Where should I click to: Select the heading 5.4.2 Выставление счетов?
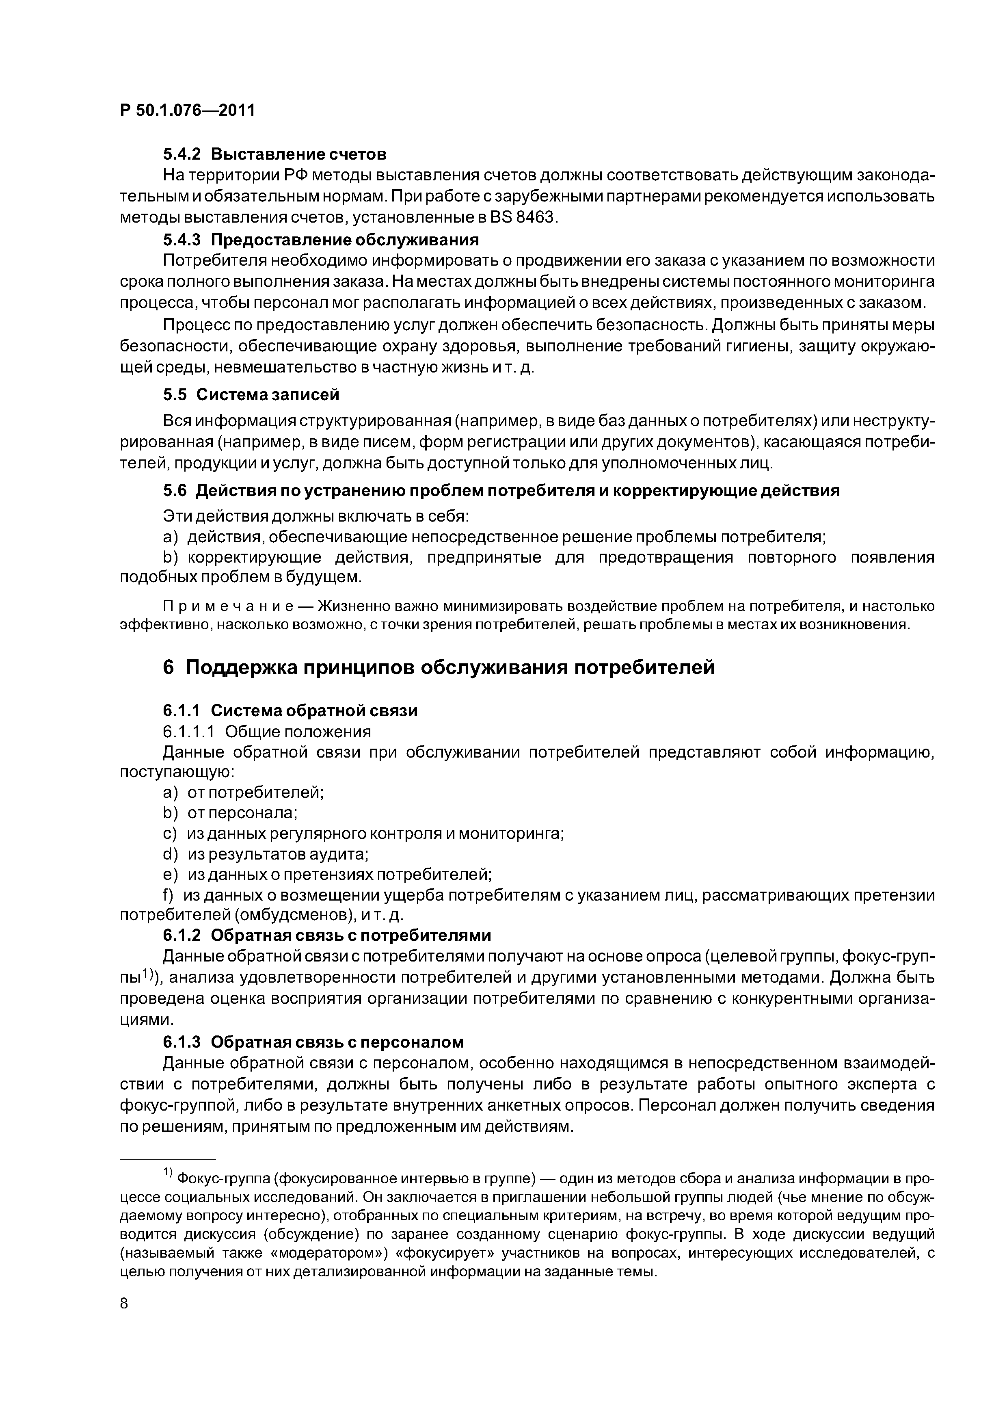(x=275, y=153)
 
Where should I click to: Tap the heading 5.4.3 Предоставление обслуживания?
(x=321, y=240)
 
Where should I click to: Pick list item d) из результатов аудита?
(x=266, y=855)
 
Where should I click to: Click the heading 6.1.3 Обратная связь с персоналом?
(x=313, y=1042)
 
